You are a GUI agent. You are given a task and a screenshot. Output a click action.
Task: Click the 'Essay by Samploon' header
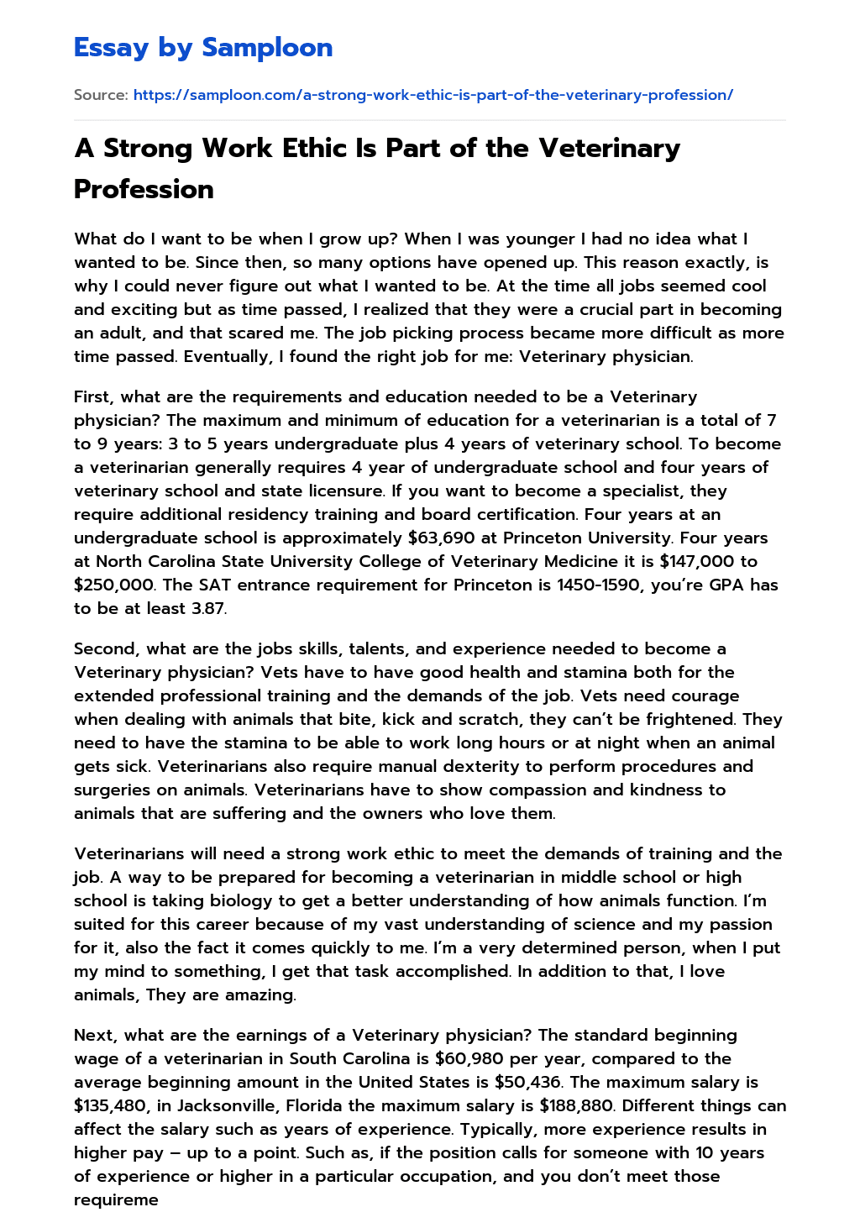click(203, 48)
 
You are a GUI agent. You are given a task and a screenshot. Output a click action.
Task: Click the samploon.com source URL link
click(433, 95)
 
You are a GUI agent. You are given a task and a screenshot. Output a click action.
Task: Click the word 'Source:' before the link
click(101, 95)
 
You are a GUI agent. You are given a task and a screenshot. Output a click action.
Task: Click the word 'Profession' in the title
click(144, 189)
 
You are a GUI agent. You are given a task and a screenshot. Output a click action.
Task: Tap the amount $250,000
click(113, 585)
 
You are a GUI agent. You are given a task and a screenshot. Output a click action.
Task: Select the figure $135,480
click(113, 1105)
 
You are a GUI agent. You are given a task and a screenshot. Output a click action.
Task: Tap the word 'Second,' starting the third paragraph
click(107, 648)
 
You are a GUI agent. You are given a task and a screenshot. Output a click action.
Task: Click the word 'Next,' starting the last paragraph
click(96, 1035)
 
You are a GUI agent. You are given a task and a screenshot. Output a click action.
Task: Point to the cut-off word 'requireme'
click(116, 1199)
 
